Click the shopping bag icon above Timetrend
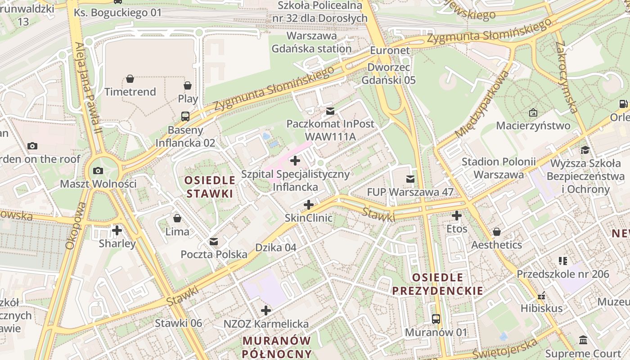(x=130, y=79)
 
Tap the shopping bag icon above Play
(x=188, y=85)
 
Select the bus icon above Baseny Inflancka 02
(x=185, y=117)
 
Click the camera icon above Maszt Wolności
(x=98, y=171)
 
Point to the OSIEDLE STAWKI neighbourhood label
(x=210, y=187)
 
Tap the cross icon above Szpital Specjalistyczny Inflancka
(x=295, y=160)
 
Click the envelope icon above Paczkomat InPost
(x=330, y=111)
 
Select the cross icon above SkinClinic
(x=309, y=205)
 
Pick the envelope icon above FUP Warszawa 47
(x=410, y=179)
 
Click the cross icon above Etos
(x=457, y=216)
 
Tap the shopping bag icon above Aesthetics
(x=497, y=232)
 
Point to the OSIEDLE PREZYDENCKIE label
(x=437, y=284)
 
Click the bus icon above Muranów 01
(x=436, y=319)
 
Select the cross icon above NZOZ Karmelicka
(x=266, y=310)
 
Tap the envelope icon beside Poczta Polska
(x=214, y=242)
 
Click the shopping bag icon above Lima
(x=177, y=218)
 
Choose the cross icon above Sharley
(x=117, y=230)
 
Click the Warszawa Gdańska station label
(x=311, y=42)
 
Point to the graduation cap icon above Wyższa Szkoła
(x=585, y=150)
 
